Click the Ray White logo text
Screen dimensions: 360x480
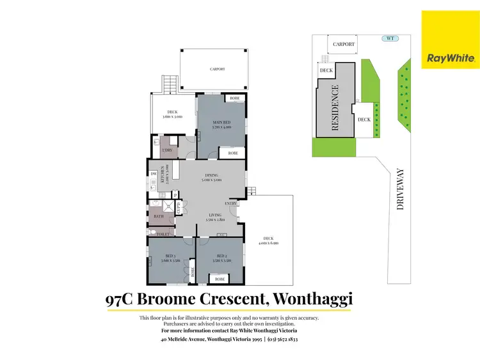coord(451,58)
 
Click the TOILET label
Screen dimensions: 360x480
coord(163,235)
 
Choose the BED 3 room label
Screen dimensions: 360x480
coord(168,258)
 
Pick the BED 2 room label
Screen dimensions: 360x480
coord(220,258)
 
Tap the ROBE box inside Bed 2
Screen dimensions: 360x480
coord(220,279)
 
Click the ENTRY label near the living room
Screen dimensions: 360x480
coord(231,203)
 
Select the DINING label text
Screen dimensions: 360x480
coord(212,175)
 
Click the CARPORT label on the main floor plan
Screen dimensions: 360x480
coord(217,69)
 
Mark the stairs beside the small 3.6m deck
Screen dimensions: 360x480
coord(170,84)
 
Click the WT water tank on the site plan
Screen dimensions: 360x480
coord(388,38)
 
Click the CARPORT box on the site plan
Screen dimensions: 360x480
coord(344,44)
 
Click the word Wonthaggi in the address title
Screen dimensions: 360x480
coord(313,299)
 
